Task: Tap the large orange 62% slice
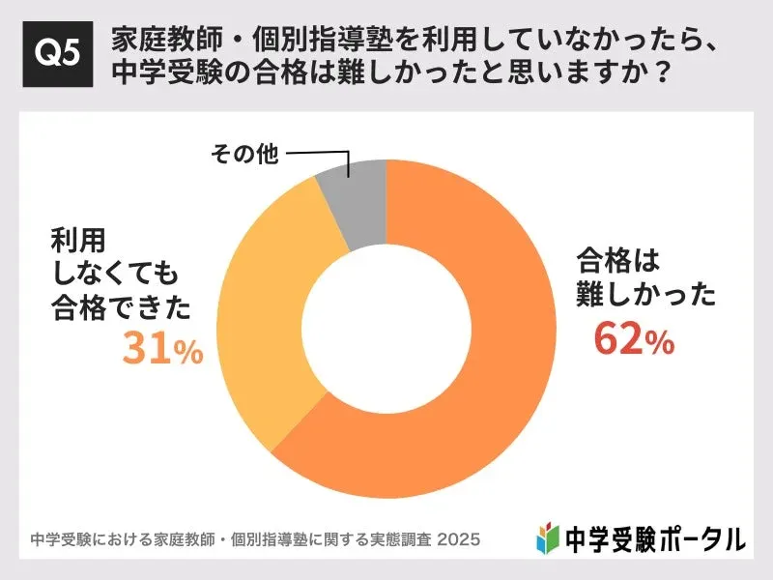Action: tap(483, 387)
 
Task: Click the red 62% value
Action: tap(633, 339)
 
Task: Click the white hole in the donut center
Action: tap(386, 329)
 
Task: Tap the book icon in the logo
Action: tap(548, 536)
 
